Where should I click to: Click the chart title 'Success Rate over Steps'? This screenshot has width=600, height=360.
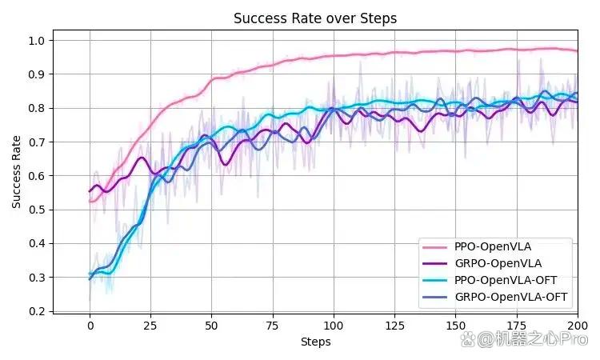(x=315, y=18)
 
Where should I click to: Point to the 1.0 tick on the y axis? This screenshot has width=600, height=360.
(x=36, y=41)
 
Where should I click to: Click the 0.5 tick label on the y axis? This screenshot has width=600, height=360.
(x=36, y=210)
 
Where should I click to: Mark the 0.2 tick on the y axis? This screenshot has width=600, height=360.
(x=36, y=311)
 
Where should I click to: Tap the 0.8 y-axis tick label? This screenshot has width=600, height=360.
(x=36, y=108)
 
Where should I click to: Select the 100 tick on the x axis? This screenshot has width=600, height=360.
(x=334, y=326)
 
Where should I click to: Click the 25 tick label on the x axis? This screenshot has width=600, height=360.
(x=150, y=326)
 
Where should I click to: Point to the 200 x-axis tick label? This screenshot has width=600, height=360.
(x=578, y=326)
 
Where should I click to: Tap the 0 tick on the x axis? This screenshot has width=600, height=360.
(x=90, y=326)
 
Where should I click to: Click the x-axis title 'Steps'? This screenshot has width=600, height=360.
(x=315, y=342)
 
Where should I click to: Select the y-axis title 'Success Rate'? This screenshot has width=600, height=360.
(x=16, y=172)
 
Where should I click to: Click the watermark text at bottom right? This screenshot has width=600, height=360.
(x=524, y=339)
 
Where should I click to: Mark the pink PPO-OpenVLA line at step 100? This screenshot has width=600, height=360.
(x=334, y=56)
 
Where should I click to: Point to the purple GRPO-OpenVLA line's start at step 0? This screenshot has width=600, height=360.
(x=90, y=191)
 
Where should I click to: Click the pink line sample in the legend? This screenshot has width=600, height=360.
(x=434, y=247)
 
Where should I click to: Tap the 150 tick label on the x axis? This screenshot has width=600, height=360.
(x=455, y=326)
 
